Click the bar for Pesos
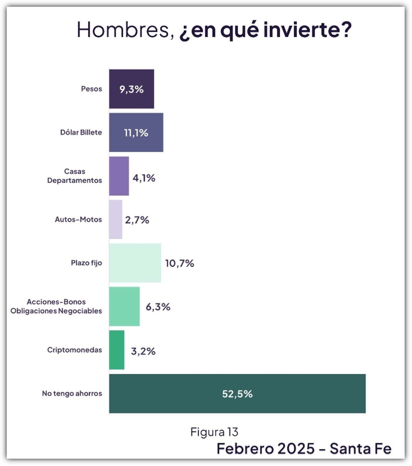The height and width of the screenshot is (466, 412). (x=131, y=89)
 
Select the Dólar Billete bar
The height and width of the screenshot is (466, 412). (x=136, y=133)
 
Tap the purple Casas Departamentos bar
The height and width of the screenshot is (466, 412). (x=119, y=176)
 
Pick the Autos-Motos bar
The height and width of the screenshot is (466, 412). (x=116, y=219)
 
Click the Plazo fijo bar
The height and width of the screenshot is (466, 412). (x=135, y=263)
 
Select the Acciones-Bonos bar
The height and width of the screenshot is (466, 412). (x=124, y=306)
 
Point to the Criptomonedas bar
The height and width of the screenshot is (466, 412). (x=117, y=350)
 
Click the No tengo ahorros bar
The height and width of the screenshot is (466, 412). (x=237, y=394)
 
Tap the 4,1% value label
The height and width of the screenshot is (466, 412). (x=144, y=178)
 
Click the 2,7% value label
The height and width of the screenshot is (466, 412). (x=137, y=220)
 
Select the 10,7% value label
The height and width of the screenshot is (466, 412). (x=180, y=263)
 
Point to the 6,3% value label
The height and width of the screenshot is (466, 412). (x=158, y=307)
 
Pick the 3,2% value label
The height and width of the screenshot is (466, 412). (x=143, y=351)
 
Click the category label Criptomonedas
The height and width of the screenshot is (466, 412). (x=75, y=350)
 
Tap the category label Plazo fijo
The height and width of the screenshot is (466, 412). (x=86, y=263)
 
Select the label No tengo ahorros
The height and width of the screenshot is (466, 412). (x=72, y=393)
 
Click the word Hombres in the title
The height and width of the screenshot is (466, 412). (x=123, y=30)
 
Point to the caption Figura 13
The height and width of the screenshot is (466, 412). (x=214, y=432)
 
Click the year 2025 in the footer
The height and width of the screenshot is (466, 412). (x=295, y=449)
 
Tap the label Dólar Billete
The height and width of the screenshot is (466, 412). (x=81, y=132)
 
